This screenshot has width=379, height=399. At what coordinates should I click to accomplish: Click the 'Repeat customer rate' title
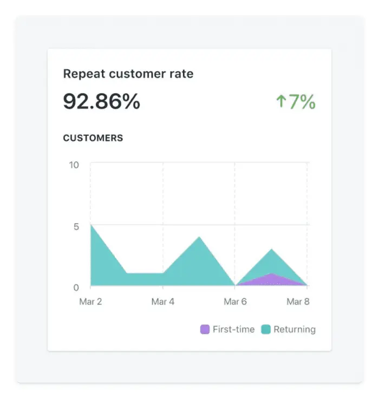point(128,74)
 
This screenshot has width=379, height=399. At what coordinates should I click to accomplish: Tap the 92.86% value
point(102,101)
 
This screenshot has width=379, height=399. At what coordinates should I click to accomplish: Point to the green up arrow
point(280,101)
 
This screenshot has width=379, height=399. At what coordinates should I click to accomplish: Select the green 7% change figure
point(302,101)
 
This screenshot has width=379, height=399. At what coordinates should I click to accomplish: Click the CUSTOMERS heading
point(93,138)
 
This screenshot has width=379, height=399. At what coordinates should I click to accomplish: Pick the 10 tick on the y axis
point(74,165)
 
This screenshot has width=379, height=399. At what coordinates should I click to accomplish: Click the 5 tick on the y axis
point(76,226)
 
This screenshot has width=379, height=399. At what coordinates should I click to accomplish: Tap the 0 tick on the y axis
point(76,287)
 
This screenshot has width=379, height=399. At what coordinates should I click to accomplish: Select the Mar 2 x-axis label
point(90,302)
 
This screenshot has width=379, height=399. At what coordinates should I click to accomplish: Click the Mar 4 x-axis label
point(162,302)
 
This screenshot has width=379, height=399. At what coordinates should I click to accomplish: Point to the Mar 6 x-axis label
point(235,302)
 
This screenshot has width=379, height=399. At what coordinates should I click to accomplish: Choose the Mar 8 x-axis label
point(298,302)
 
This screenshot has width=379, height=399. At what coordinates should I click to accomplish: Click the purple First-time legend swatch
point(205,329)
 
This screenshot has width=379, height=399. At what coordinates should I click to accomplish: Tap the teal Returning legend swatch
point(266,329)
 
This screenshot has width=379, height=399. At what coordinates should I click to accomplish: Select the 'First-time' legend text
point(233,329)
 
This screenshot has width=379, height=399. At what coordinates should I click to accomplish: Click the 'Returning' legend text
point(295,329)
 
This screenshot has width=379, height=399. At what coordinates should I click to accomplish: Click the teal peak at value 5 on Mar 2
point(91,225)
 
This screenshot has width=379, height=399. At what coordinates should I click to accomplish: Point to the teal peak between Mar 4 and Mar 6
point(199,237)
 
